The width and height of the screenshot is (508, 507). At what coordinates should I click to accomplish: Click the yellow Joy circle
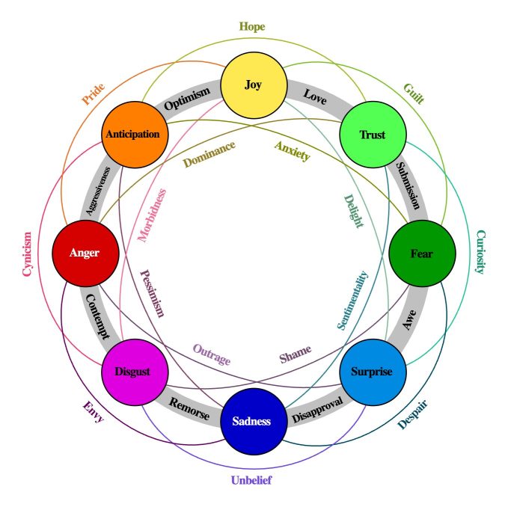[253, 84]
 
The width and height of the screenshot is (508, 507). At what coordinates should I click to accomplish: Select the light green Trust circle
[372, 135]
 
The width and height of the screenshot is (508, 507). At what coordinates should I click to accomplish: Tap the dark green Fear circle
[421, 253]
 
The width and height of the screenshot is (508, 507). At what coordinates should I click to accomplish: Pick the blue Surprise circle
[372, 372]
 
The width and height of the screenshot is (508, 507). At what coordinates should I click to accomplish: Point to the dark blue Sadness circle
[254, 421]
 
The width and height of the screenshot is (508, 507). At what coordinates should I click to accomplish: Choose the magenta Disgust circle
[133, 372]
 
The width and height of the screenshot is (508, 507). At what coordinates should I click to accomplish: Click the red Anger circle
[85, 253]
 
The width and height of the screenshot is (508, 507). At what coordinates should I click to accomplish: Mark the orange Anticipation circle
[133, 135]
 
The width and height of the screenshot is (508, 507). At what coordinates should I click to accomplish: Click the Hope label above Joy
[252, 27]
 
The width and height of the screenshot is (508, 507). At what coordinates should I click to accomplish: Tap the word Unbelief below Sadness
[251, 480]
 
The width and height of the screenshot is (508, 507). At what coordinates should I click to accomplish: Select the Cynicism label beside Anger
[28, 254]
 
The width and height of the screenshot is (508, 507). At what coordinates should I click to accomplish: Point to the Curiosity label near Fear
[480, 252]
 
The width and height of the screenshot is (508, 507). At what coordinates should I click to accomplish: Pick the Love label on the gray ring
[315, 97]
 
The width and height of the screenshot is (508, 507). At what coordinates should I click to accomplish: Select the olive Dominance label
[209, 153]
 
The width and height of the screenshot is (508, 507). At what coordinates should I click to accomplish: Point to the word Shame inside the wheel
[295, 354]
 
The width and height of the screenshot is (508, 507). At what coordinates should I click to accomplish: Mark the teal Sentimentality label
[352, 300]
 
